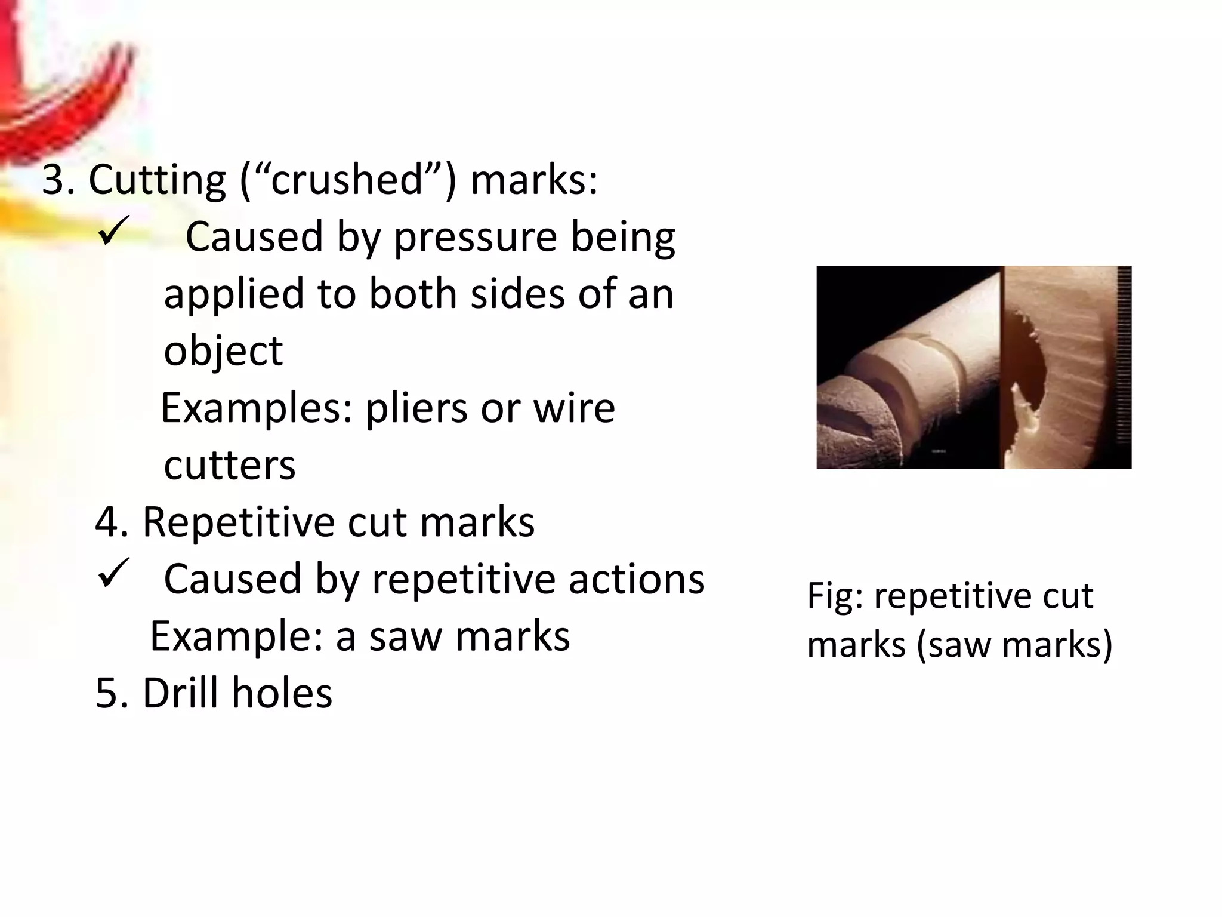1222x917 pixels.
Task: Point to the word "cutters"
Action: point(230,465)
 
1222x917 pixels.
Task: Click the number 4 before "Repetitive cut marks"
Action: point(107,522)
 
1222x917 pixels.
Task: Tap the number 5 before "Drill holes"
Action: point(107,693)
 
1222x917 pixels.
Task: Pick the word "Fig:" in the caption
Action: point(835,596)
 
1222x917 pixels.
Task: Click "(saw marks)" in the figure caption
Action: point(1014,645)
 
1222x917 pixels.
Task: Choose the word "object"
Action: point(223,352)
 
